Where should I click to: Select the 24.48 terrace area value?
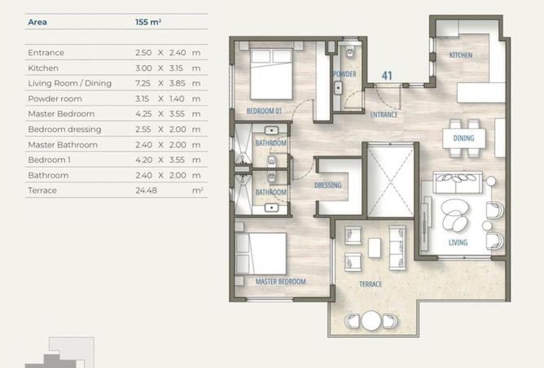click(x=146, y=191)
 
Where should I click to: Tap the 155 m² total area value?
click(x=148, y=22)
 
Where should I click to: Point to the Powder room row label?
click(x=55, y=99)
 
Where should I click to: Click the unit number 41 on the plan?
click(x=387, y=76)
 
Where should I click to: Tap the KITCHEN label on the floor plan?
click(x=461, y=55)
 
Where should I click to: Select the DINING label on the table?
click(x=463, y=138)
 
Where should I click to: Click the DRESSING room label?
click(x=328, y=185)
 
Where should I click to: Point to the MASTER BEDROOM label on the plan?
click(x=281, y=282)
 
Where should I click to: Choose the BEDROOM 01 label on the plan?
click(x=264, y=111)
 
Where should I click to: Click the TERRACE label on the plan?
click(x=371, y=284)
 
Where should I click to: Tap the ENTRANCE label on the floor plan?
click(x=384, y=115)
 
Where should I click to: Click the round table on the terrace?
click(x=371, y=321)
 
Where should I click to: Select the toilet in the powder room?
click(x=349, y=51)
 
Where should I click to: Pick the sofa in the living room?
click(x=458, y=182)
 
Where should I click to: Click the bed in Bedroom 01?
click(x=271, y=74)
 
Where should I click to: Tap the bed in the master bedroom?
click(x=261, y=253)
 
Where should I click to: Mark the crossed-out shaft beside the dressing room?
click(x=391, y=182)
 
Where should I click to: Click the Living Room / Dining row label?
click(x=70, y=83)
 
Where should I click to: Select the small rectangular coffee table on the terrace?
click(x=375, y=248)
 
